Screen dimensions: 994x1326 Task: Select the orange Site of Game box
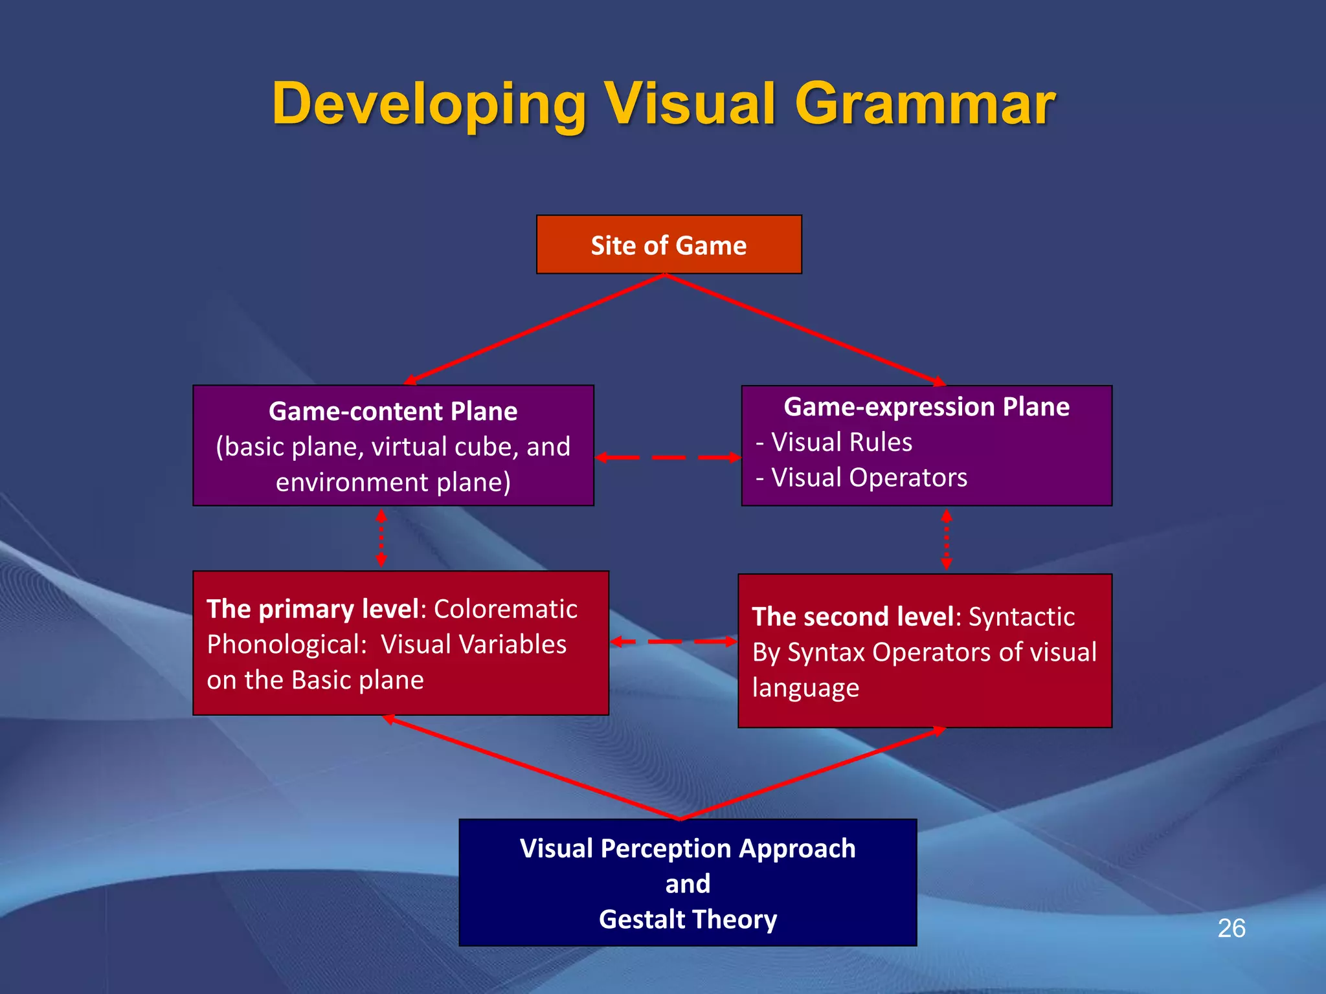pos(669,245)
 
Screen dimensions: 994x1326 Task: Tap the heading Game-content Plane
pos(393,412)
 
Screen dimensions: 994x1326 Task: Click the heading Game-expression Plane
pos(927,407)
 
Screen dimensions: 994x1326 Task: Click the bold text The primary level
pos(312,610)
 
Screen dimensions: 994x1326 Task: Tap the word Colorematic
pos(505,610)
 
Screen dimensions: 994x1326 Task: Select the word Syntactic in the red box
pos(1021,617)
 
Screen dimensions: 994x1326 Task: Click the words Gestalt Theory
pos(688,920)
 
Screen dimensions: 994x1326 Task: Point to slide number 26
pos(1231,929)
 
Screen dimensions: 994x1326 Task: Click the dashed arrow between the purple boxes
pos(668,458)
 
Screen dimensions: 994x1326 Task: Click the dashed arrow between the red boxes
pos(674,642)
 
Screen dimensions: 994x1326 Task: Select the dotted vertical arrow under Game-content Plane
pos(381,538)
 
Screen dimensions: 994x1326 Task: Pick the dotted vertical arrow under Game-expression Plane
pos(946,540)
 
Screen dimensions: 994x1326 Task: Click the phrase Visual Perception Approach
pos(688,848)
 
